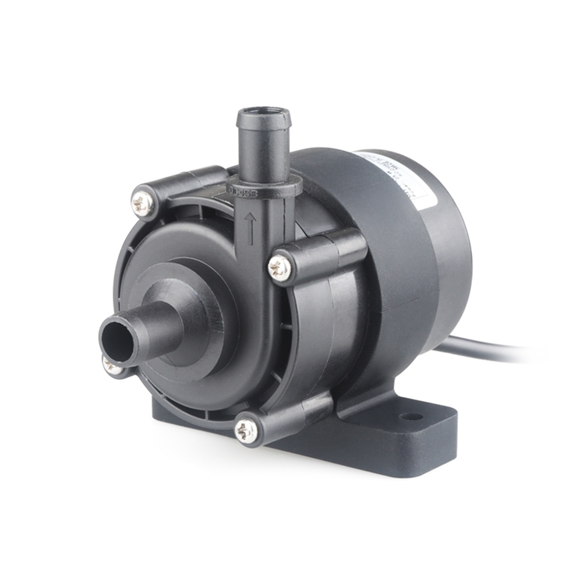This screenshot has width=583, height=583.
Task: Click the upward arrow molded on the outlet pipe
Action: coord(250,228)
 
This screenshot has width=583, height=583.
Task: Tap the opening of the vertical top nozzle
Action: coord(263,111)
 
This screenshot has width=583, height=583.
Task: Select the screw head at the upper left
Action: coord(142,202)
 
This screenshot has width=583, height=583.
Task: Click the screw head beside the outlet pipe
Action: coord(280,268)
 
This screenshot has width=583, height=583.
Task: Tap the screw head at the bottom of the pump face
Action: coord(245,430)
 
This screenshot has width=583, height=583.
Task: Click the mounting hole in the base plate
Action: coord(411,417)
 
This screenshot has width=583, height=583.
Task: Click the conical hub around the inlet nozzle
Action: coord(192,315)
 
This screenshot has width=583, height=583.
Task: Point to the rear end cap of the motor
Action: coord(448,256)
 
